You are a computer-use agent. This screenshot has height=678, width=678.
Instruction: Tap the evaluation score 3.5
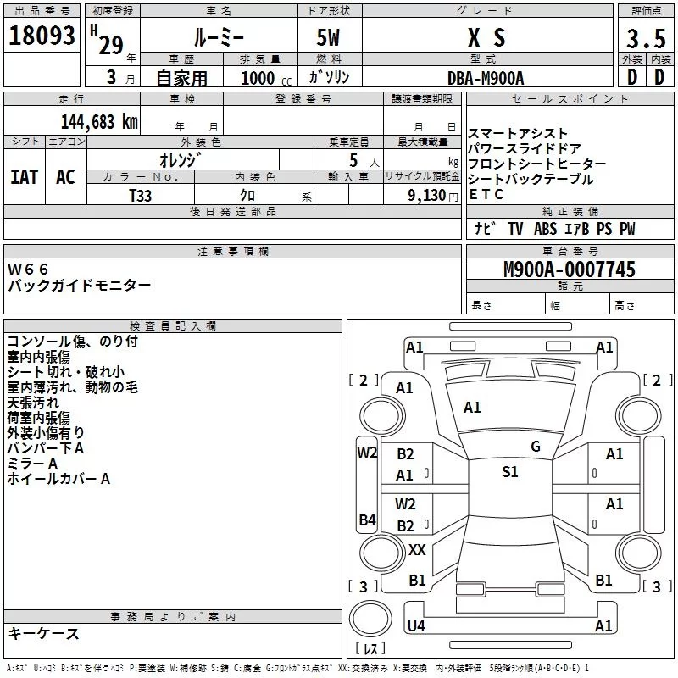point(644,39)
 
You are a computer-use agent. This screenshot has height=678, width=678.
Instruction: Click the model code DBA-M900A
point(485,77)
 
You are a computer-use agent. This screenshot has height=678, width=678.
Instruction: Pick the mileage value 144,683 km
point(99,121)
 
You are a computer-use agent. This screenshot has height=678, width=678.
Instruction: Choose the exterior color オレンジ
point(182,159)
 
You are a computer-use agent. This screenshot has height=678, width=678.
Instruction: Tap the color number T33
point(141,194)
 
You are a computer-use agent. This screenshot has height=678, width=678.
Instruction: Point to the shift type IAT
point(25,177)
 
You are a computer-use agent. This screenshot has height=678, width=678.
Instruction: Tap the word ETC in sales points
point(486,194)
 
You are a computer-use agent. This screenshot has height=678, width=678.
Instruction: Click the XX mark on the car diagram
point(417,550)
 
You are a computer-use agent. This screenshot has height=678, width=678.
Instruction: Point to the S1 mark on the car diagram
point(509,472)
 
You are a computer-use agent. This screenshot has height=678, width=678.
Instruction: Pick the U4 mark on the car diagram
point(415,626)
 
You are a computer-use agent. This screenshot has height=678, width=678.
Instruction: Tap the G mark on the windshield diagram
point(535,447)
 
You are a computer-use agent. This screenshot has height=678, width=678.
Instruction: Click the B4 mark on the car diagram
point(367,520)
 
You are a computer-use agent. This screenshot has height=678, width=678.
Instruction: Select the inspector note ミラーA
point(31,464)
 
